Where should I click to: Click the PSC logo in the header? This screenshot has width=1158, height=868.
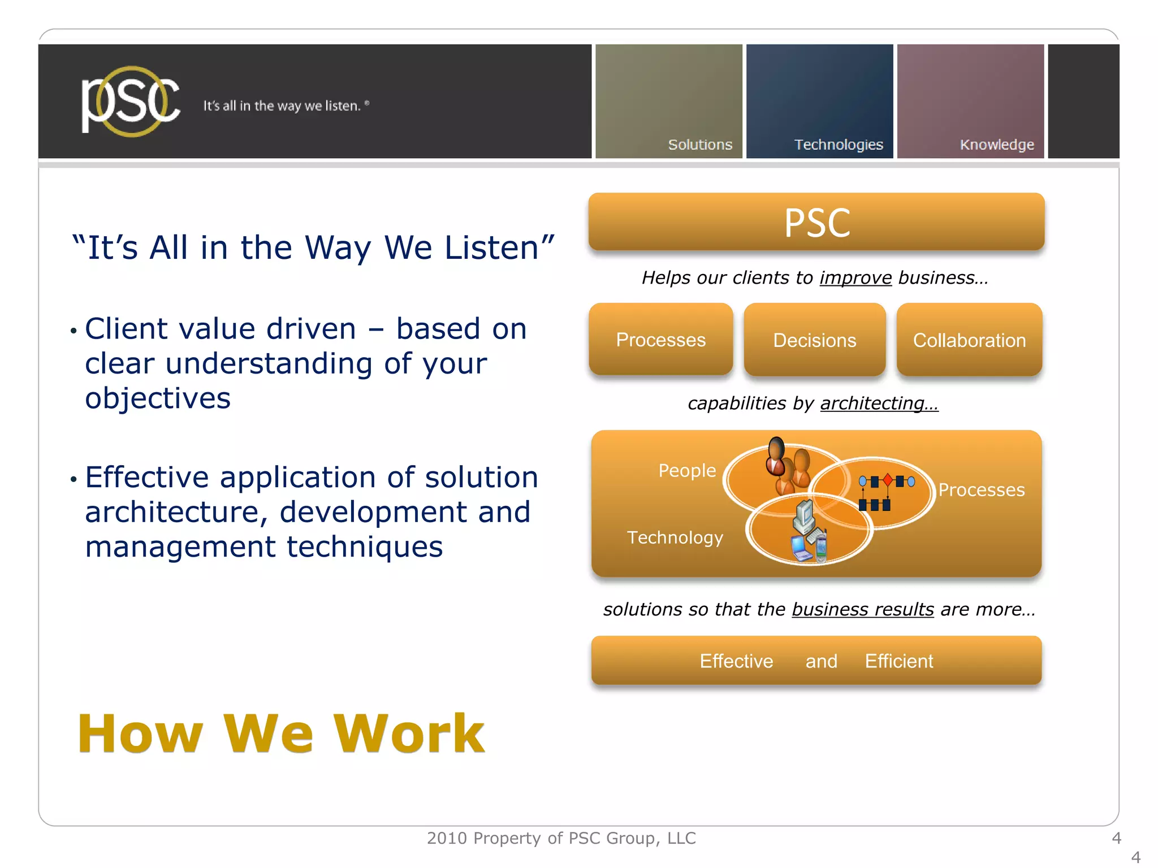point(130,102)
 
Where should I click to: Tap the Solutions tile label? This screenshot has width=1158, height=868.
point(700,145)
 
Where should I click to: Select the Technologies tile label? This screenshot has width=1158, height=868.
point(838,145)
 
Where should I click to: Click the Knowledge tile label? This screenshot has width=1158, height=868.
point(996,145)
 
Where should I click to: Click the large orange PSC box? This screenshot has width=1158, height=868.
point(816,222)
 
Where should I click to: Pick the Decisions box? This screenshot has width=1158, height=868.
point(814,340)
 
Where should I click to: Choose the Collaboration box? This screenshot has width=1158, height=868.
point(969,340)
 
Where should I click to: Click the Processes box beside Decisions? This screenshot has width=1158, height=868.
point(660,340)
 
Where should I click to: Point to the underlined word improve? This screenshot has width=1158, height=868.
point(855,277)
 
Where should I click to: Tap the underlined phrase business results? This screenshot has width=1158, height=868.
point(862,609)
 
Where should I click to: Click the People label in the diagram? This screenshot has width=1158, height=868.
point(686,470)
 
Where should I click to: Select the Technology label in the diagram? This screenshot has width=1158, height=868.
point(675,537)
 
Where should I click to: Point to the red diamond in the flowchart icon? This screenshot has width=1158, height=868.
point(887,480)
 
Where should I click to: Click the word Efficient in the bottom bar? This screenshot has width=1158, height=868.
point(898,661)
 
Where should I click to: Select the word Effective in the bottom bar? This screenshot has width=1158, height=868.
point(736,661)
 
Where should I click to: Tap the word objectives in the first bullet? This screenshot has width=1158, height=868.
point(158,398)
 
